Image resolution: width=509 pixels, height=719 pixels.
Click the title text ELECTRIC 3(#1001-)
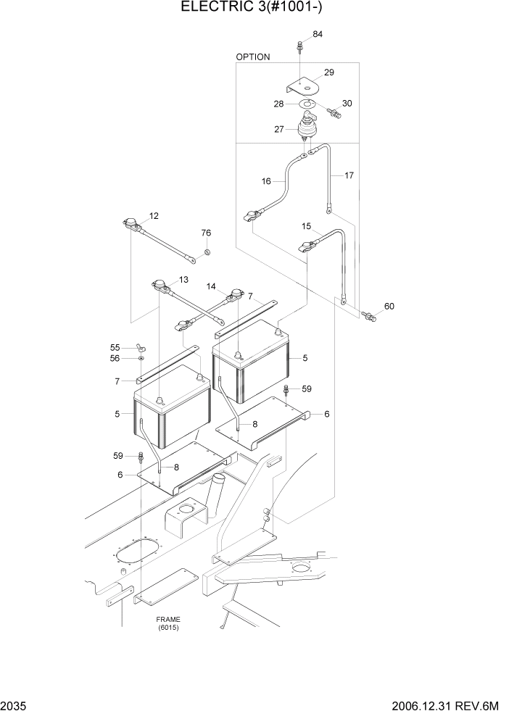[255, 9]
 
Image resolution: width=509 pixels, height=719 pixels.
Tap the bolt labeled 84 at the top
[299, 47]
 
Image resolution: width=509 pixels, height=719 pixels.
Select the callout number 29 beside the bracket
[328, 72]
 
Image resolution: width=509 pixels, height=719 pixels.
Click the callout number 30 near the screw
[347, 104]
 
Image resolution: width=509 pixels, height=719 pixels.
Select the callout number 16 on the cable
[266, 181]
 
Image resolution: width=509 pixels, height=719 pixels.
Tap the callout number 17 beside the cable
[349, 175]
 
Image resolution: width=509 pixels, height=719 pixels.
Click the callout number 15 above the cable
[306, 227]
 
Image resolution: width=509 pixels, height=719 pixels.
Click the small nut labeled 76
[206, 252]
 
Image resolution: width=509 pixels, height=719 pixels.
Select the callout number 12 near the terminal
[154, 216]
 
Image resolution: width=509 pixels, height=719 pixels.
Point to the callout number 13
[183, 280]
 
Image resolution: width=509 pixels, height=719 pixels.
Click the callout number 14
[211, 287]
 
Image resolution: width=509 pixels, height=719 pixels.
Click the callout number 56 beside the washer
[115, 358]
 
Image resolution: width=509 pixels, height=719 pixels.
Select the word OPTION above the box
[253, 57]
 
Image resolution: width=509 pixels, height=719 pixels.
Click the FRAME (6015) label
[167, 623]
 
